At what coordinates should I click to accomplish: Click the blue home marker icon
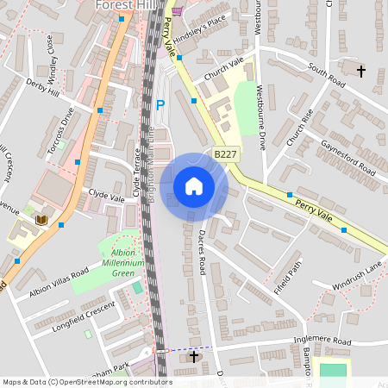[x=194, y=186]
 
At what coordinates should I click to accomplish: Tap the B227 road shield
[x=225, y=154]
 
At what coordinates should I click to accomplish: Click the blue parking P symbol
[x=160, y=105]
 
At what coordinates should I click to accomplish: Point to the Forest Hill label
[x=125, y=4]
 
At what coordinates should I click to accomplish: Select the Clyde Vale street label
[x=106, y=197]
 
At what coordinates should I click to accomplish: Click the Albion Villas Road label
[x=59, y=282]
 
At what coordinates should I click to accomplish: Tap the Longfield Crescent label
[x=84, y=312]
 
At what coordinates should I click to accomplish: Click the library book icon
[x=40, y=221]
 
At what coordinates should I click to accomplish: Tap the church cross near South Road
[x=360, y=70]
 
